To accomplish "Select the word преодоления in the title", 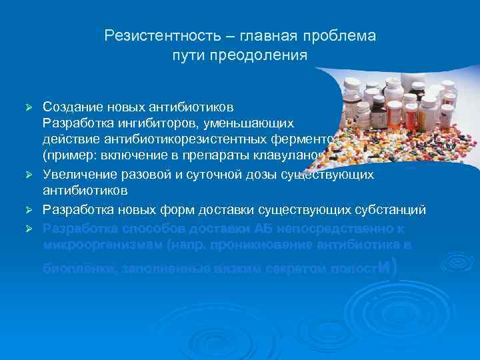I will point(271,55).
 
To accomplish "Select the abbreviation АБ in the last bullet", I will point(261,227).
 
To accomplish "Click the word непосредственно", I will point(331,227).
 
